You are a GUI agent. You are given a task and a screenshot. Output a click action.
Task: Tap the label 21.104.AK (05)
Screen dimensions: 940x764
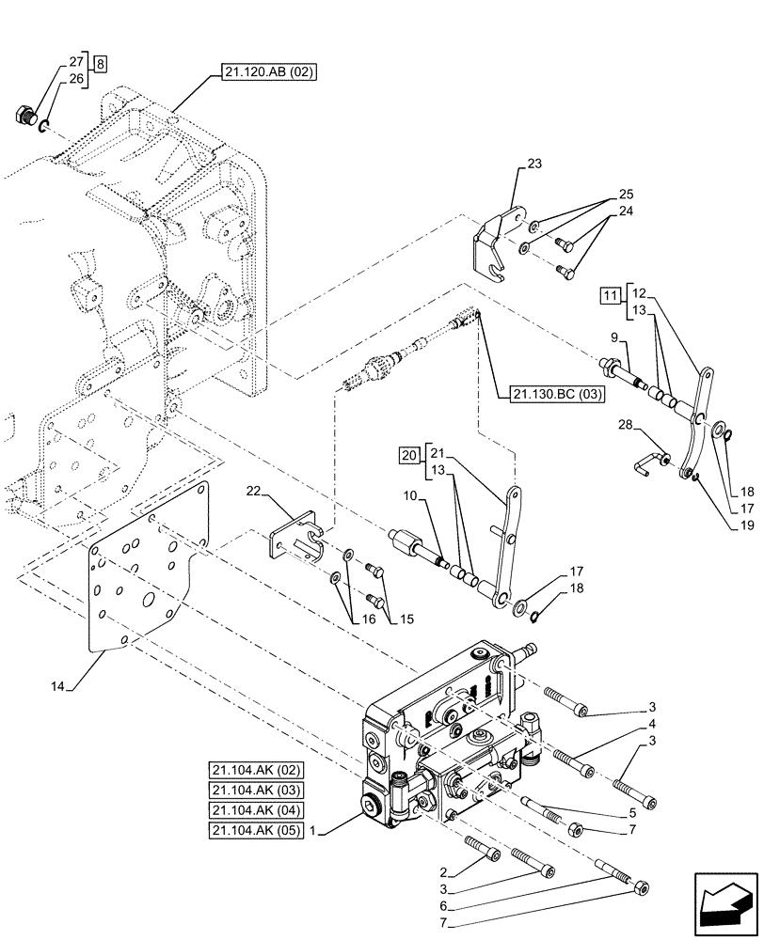[257, 831]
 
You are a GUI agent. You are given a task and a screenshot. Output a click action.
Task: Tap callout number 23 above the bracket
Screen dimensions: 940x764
[533, 164]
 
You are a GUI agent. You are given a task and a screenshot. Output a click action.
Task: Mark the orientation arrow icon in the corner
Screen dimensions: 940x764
[724, 901]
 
